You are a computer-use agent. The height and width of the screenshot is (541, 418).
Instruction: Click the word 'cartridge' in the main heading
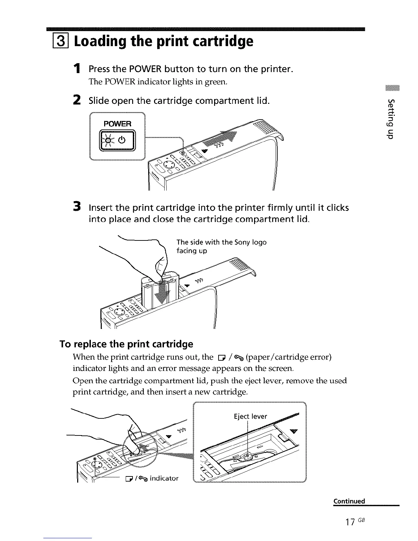pyautogui.click(x=220, y=41)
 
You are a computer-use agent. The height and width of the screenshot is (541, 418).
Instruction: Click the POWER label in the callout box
pyautogui.click(x=117, y=123)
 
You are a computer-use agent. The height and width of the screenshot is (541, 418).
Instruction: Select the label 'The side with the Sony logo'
pyautogui.click(x=221, y=242)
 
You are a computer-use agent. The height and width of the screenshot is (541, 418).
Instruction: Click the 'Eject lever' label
pyautogui.click(x=250, y=416)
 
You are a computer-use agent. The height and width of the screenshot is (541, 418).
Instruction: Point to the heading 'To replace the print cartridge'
pyautogui.click(x=126, y=344)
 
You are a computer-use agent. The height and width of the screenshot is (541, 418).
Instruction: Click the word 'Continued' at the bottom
pyautogui.click(x=349, y=501)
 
